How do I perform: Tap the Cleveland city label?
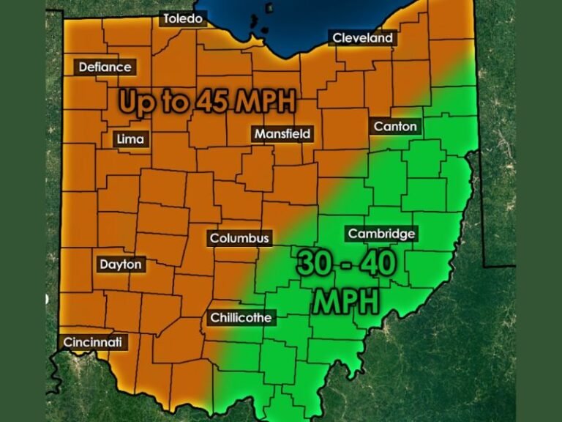click(x=362, y=38)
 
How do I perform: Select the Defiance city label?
click(x=105, y=67)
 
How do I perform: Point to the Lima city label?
click(x=131, y=139)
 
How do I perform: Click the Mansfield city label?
click(x=282, y=134)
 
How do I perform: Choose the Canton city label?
click(x=395, y=127)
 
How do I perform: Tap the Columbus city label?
click(x=239, y=238)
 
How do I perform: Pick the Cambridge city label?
click(x=381, y=234)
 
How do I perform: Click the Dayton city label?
click(x=121, y=264)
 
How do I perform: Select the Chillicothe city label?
click(x=241, y=318)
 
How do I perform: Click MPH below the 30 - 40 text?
click(x=346, y=300)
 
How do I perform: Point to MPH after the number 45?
click(x=264, y=102)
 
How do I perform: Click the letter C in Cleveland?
click(x=337, y=38)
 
